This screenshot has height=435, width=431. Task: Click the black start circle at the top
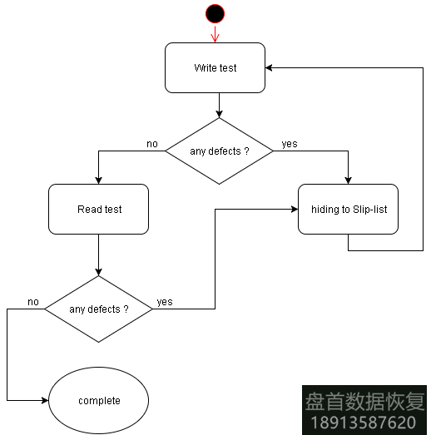(x=215, y=13)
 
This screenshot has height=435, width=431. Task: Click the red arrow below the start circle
(x=215, y=34)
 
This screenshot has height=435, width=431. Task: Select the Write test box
(x=215, y=68)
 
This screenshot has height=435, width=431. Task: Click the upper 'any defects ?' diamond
(x=219, y=151)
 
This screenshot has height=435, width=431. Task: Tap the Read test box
(x=99, y=209)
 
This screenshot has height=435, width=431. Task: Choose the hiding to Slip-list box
(x=349, y=209)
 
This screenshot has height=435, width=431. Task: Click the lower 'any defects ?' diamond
(x=98, y=309)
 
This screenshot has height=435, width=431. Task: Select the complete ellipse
(x=99, y=400)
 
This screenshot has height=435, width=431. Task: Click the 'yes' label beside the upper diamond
(x=290, y=144)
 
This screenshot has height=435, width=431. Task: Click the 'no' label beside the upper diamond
(x=152, y=144)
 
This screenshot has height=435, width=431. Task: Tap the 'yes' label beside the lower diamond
(x=165, y=302)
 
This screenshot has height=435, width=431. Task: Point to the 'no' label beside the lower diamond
(x=33, y=301)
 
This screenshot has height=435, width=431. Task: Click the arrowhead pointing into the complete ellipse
(x=44, y=400)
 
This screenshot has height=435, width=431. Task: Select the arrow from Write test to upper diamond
(x=219, y=105)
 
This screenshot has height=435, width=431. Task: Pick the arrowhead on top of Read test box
(x=99, y=180)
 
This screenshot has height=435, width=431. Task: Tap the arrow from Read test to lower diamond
(x=99, y=255)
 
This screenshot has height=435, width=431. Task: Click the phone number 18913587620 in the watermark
(x=364, y=422)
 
